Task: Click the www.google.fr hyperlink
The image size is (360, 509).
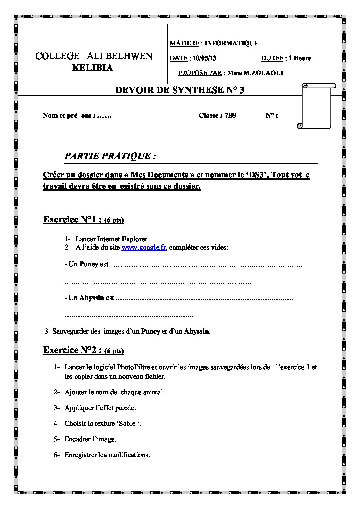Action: (143, 248)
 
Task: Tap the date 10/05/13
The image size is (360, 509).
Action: (204, 58)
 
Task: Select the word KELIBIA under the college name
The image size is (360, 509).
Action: (92, 68)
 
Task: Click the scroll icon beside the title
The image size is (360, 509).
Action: (316, 105)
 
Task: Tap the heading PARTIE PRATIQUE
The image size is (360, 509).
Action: (110, 156)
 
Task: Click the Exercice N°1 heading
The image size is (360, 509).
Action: (72, 219)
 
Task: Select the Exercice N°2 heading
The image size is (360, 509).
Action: (72, 350)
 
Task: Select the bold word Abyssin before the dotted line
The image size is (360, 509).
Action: (92, 298)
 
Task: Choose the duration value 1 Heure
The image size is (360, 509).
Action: (299, 58)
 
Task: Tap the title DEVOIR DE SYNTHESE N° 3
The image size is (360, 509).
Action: (180, 90)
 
